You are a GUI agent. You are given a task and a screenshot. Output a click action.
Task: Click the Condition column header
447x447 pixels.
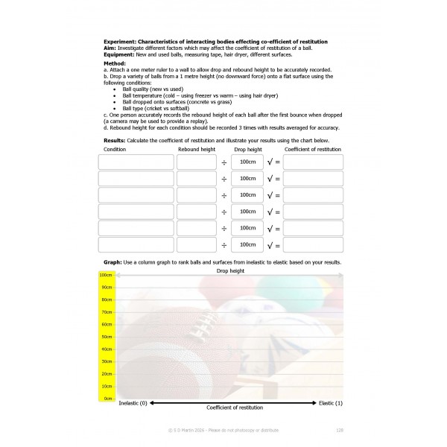tap(115, 150)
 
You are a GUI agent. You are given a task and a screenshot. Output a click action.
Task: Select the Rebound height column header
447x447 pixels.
tap(197, 150)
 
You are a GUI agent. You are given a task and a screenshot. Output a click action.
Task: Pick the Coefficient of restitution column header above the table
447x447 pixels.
tap(312, 150)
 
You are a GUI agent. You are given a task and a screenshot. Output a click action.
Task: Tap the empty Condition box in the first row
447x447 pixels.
tap(136, 162)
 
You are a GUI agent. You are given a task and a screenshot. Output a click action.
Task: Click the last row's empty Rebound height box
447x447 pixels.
tap(197, 244)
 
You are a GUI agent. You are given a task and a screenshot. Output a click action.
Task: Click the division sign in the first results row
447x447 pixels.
tap(224, 162)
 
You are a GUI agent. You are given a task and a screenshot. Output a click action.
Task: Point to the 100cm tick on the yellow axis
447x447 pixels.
tap(106, 275)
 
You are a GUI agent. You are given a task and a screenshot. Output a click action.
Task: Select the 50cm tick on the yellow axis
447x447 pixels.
tap(106, 337)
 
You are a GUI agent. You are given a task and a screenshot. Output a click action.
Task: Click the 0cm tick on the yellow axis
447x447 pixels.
tap(107, 399)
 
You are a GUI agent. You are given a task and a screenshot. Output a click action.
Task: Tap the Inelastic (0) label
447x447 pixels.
tap(133, 403)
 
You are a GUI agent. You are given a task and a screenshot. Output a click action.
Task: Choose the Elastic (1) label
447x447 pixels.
tap(330, 403)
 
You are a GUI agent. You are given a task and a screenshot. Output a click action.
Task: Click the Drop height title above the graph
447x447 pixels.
tap(230, 271)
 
